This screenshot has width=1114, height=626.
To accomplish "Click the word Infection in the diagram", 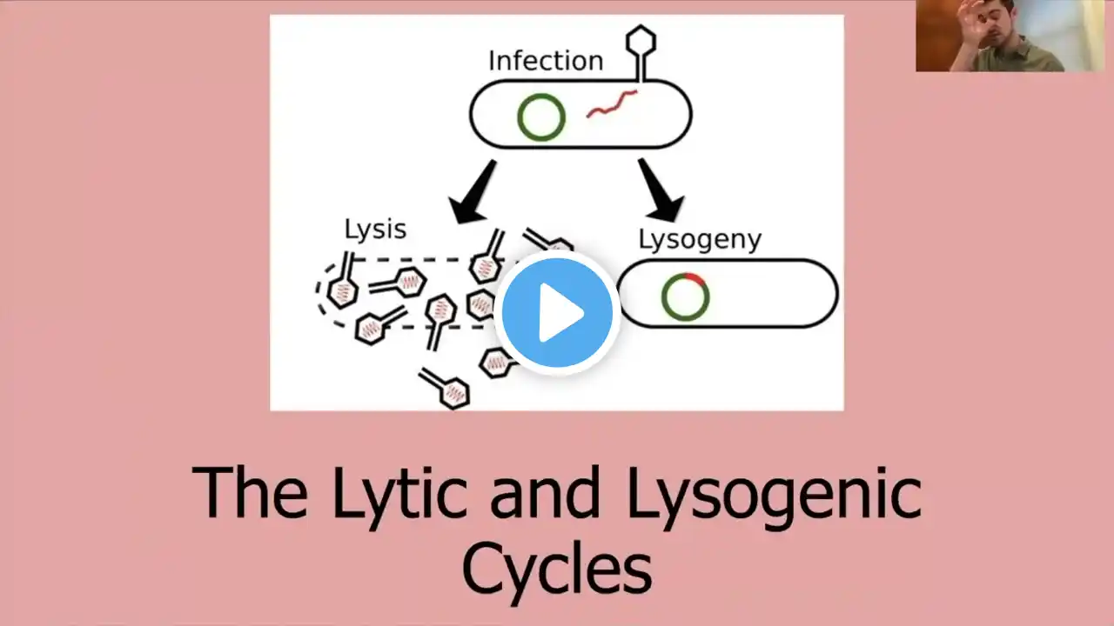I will (x=545, y=61).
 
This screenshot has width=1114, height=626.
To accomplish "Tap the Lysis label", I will (x=375, y=230).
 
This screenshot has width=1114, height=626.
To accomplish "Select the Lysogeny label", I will (x=700, y=239).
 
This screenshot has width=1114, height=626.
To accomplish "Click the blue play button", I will (x=557, y=312).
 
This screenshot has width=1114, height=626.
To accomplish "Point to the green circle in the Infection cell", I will (x=541, y=117).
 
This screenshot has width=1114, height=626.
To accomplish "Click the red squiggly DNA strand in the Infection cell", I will (x=611, y=104).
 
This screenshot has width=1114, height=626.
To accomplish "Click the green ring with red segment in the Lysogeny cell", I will (x=685, y=296).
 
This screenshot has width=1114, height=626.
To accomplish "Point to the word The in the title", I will (x=249, y=493).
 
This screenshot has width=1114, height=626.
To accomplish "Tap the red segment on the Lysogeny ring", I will (x=694, y=277).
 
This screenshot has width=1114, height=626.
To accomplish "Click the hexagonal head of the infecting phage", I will (x=641, y=39).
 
